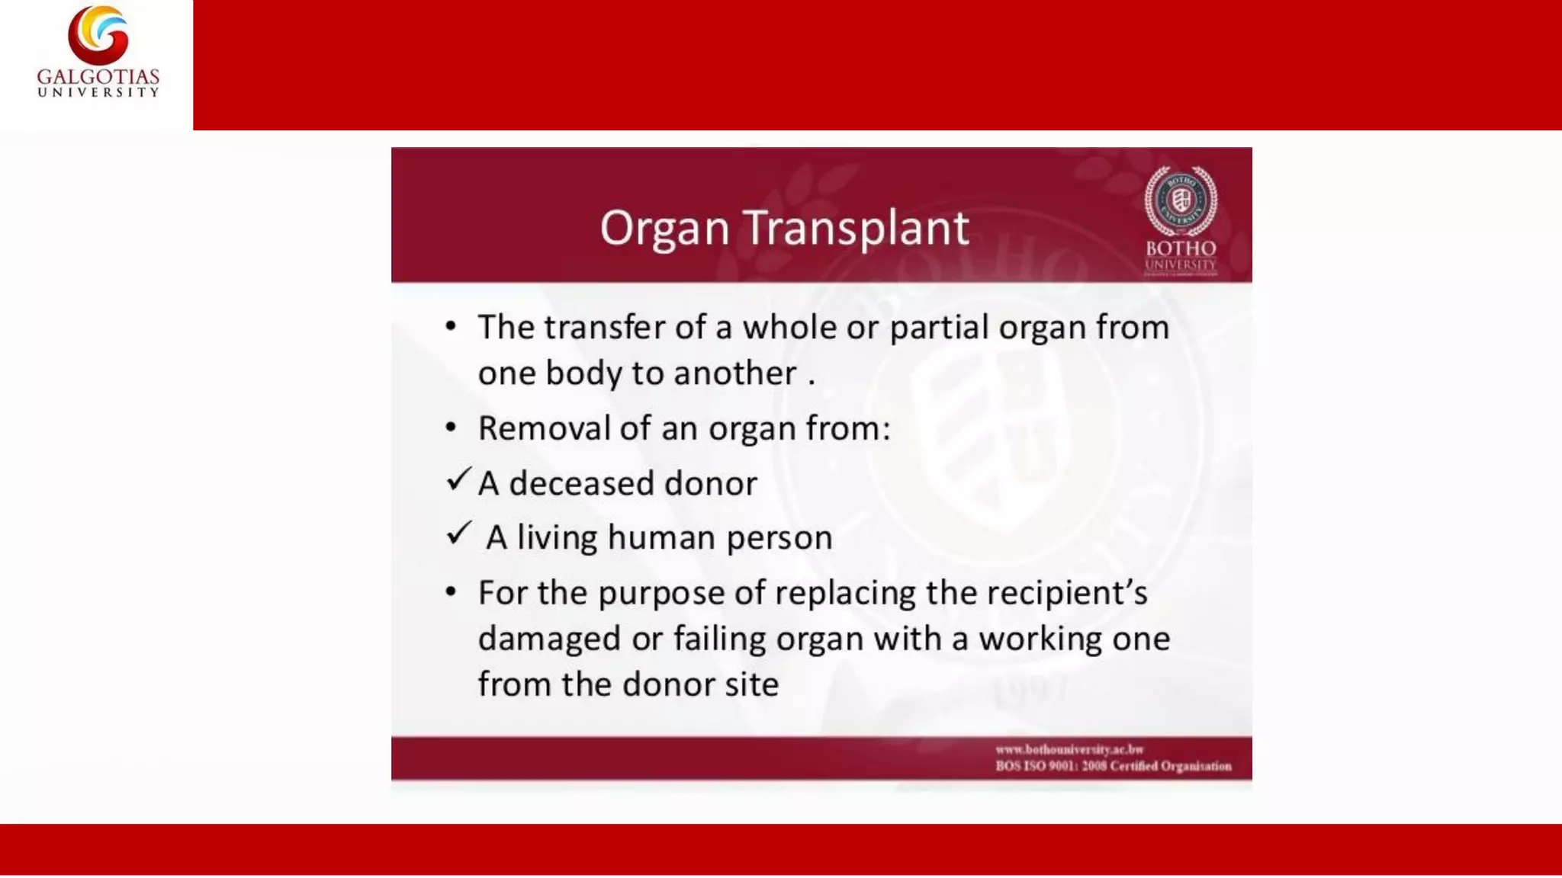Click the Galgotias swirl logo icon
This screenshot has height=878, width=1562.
(x=98, y=34)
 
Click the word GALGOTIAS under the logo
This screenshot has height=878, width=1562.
(x=98, y=77)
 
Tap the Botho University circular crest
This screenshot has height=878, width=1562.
(x=1180, y=201)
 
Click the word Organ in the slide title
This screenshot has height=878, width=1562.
(x=664, y=228)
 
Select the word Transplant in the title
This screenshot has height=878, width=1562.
(x=856, y=228)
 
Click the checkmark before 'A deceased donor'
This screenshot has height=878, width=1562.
(x=458, y=479)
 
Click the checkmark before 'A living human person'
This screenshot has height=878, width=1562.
(x=458, y=534)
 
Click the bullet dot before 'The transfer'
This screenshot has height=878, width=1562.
(x=451, y=327)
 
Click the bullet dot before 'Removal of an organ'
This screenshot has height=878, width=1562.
(x=451, y=428)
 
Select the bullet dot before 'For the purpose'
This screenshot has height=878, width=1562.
(x=451, y=592)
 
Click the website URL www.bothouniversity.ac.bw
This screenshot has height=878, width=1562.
(x=1069, y=749)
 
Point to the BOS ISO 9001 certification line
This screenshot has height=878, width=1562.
(x=1113, y=766)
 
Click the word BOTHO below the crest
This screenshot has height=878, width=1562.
(x=1180, y=248)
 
